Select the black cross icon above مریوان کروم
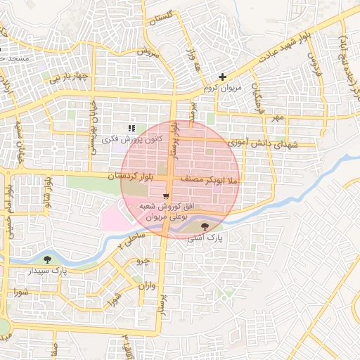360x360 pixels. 223,77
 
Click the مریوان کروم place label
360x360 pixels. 217,89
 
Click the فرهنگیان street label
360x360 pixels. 259,95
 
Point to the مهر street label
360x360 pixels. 280,117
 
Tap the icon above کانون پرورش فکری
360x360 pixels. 131,128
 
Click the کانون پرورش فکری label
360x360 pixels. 132,139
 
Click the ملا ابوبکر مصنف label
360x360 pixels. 211,181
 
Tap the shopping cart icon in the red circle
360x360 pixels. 165,195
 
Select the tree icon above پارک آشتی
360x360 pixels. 205,226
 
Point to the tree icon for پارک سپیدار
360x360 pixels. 47,259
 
